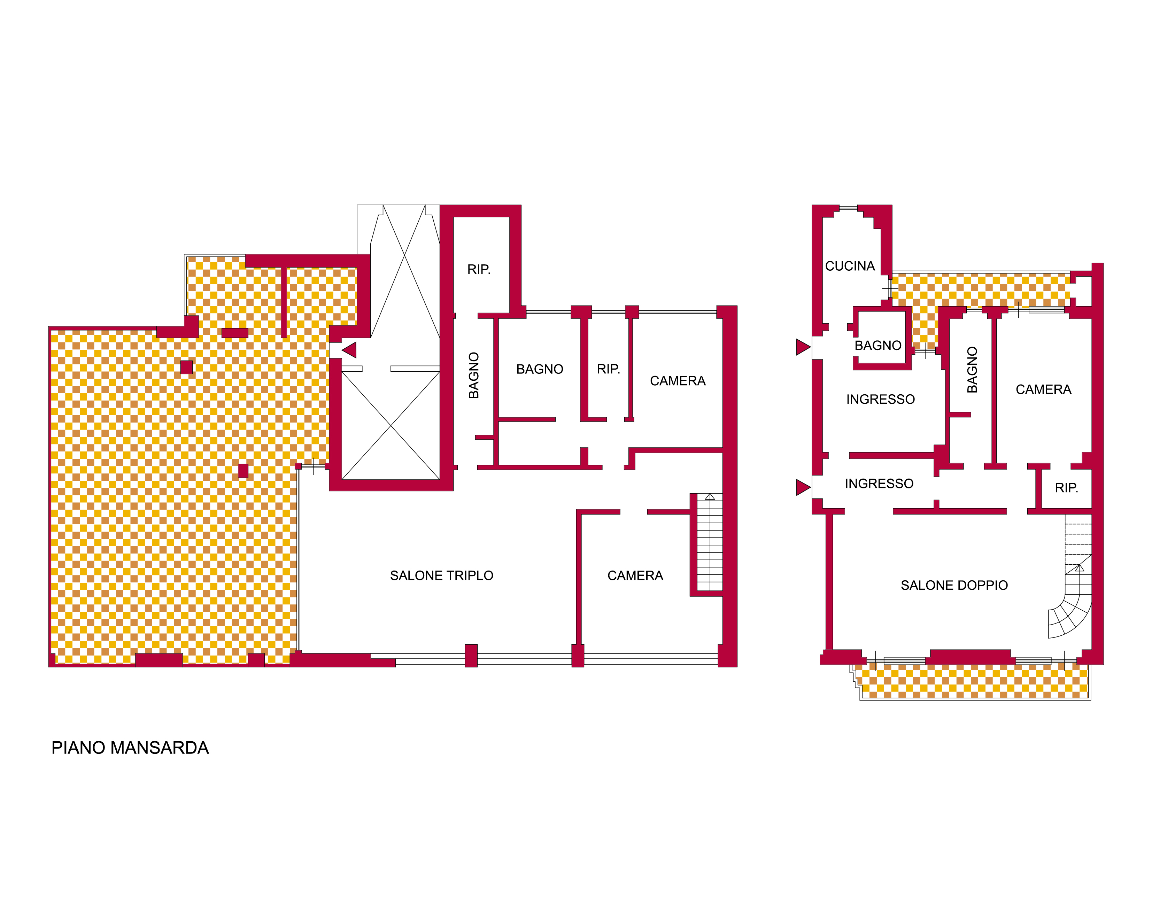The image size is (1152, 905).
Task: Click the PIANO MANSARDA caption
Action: [130, 748]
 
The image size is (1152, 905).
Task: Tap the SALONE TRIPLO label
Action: [441, 575]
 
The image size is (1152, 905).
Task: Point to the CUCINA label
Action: [850, 266]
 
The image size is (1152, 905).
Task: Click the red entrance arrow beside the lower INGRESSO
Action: [803, 487]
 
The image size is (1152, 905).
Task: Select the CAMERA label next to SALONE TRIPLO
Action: [635, 575]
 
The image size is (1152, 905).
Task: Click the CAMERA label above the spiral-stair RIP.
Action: [1043, 389]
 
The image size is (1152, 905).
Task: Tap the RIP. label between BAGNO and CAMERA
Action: [608, 369]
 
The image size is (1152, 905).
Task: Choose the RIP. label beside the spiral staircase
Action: [1066, 487]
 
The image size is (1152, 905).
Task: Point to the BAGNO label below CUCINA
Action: [878, 346]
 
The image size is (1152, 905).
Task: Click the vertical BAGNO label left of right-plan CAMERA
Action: [972, 370]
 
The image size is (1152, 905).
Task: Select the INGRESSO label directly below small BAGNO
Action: [881, 399]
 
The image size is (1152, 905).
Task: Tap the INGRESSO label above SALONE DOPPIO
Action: [879, 483]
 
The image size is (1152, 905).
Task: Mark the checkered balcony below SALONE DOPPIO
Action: [971, 681]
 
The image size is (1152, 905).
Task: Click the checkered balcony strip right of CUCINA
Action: [980, 291]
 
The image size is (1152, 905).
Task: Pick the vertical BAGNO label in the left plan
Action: [474, 375]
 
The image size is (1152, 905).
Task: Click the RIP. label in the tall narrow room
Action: [479, 269]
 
